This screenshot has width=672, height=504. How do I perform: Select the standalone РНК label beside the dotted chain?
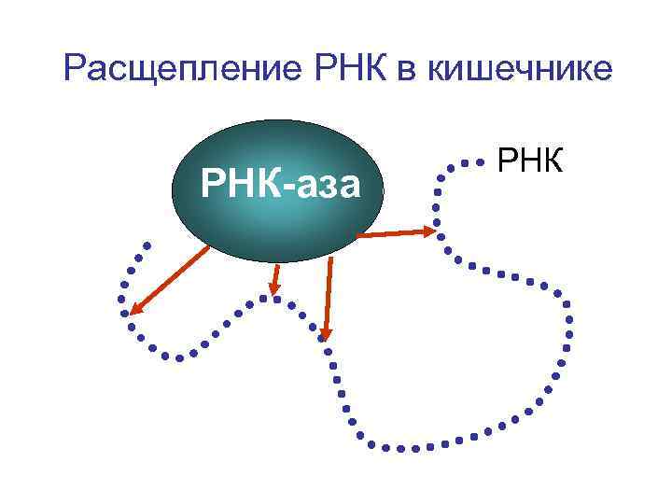(x=529, y=160)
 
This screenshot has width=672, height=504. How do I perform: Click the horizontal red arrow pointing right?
(x=396, y=232)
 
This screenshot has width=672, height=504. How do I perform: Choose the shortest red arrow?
(x=274, y=279)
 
